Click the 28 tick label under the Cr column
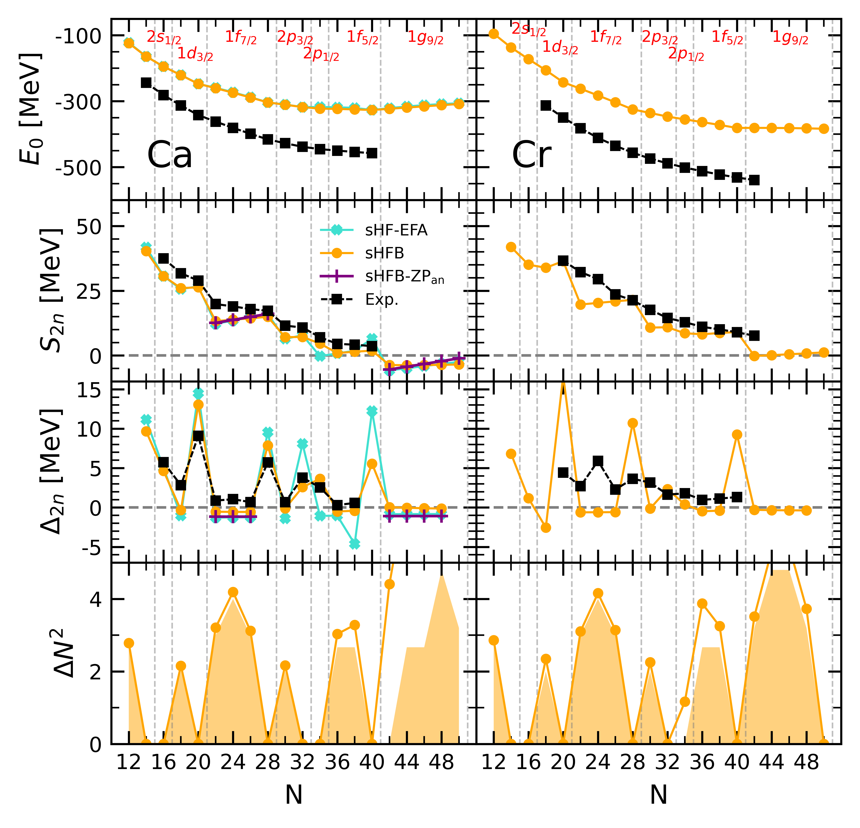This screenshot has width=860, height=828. (632, 763)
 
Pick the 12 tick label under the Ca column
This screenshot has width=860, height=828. (129, 763)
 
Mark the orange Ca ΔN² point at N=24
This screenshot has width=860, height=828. (233, 592)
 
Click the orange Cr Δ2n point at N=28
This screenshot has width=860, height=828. (632, 423)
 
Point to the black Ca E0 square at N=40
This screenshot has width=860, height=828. (372, 153)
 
